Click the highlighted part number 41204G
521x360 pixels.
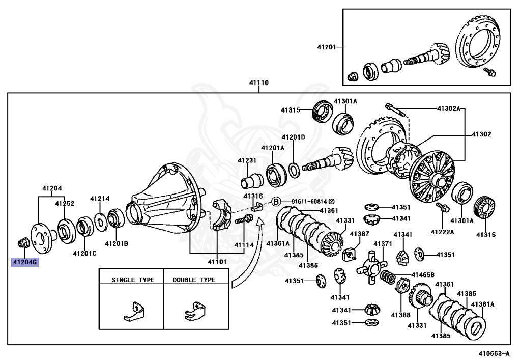[x=25, y=263]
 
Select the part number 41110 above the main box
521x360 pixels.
[x=258, y=82]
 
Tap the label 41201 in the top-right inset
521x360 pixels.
[x=327, y=47]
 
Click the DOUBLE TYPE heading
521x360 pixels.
[x=194, y=280]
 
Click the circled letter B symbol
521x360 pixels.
[x=275, y=201]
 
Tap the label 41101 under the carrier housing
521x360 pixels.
[x=217, y=262]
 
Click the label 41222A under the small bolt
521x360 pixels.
[x=442, y=232]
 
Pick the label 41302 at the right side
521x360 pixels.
[x=481, y=134]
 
